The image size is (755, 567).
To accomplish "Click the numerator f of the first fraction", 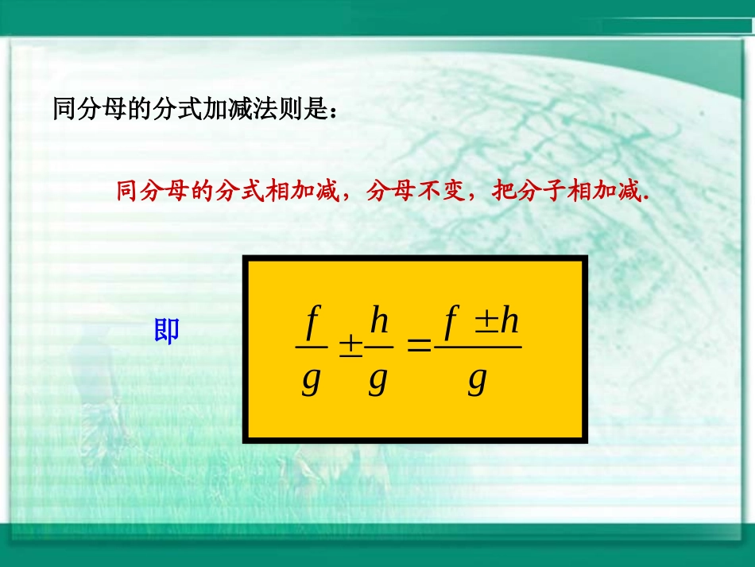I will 312,322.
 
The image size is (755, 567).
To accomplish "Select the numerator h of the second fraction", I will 379,322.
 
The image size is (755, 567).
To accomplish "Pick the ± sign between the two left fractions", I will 350,347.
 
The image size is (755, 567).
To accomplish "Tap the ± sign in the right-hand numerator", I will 486,321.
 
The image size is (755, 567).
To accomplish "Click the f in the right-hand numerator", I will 451,322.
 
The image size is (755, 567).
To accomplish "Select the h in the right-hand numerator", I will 509,321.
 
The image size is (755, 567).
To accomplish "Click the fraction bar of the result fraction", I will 478,347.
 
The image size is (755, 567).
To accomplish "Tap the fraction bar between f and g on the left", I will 311,347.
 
